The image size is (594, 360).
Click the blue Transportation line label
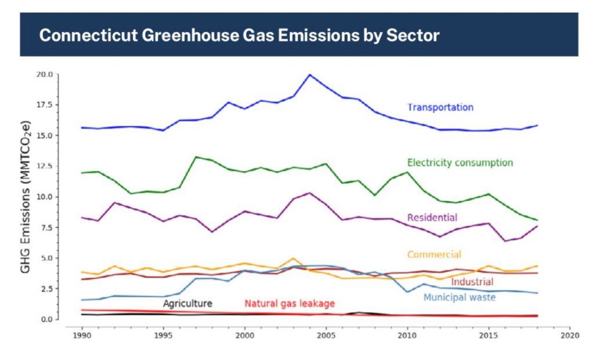point(440,107)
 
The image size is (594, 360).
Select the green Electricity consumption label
point(460,162)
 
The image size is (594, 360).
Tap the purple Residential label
point(432,218)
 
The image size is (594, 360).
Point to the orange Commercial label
point(434,254)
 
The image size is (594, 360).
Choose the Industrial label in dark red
point(472,282)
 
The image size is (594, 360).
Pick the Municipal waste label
point(459,297)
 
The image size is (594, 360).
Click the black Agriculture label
point(187,303)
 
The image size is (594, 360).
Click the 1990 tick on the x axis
point(82,335)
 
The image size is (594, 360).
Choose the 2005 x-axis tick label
point(326,335)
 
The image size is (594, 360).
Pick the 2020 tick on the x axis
point(570,335)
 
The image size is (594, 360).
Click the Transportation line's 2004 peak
point(310,75)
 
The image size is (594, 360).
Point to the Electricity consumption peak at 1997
point(195,157)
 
